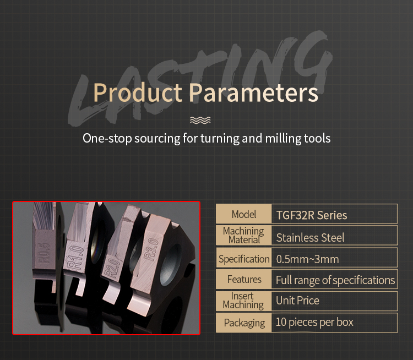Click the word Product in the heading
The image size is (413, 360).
point(138,92)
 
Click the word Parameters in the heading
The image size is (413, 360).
point(254,92)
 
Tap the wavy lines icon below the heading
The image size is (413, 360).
point(200,120)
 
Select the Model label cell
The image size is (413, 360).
point(243,214)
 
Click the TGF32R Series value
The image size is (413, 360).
point(312,215)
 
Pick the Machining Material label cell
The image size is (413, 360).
point(243,236)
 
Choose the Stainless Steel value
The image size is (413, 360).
point(310,238)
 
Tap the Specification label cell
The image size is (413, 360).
point(243,258)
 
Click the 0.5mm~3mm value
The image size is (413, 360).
point(307,259)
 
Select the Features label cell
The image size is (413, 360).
point(243,279)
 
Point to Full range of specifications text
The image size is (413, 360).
point(335,280)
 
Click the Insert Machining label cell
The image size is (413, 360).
point(243,301)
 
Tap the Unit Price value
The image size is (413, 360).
point(297,301)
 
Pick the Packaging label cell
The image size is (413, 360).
point(243,323)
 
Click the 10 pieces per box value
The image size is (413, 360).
point(314,323)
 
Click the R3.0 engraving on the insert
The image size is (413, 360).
point(152,250)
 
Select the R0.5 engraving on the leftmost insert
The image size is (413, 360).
point(44,253)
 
